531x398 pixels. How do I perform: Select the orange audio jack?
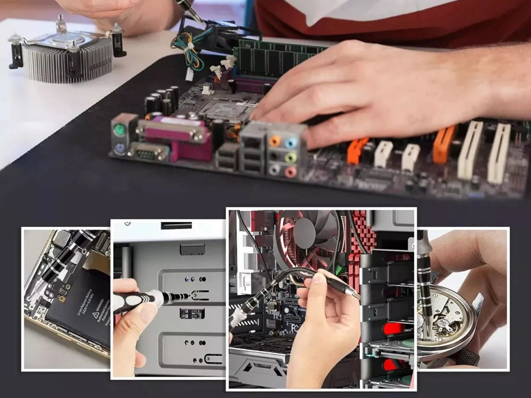tap(275, 141)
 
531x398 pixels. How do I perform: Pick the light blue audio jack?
tap(291, 142)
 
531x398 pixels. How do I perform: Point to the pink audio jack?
tap(290, 171)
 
